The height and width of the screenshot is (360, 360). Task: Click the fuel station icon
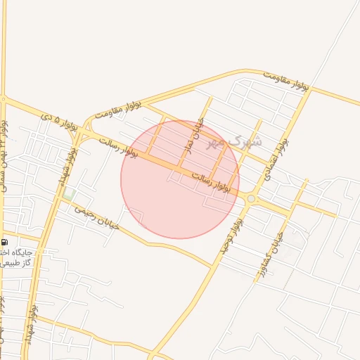(4, 240)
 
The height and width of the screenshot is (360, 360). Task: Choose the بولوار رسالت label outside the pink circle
(116, 146)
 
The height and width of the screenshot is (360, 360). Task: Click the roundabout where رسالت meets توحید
(251, 200)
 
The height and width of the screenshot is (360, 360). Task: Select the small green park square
(68, 193)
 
